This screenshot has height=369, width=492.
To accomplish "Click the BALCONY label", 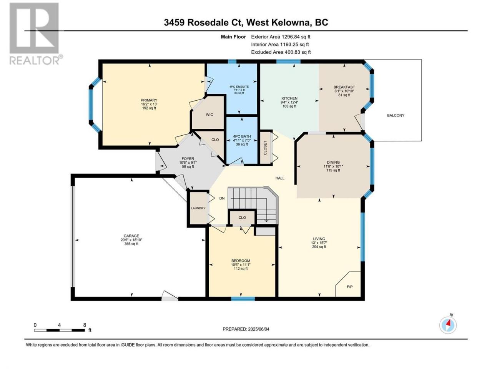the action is (x=396, y=115).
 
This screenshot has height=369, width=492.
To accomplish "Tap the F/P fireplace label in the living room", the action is (x=349, y=287).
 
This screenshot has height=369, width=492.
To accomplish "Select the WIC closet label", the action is (x=209, y=115).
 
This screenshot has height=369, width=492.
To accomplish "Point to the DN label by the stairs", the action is (x=222, y=198).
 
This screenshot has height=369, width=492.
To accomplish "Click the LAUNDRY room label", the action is (x=198, y=208).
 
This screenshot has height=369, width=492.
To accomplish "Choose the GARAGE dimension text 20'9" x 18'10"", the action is (x=131, y=240).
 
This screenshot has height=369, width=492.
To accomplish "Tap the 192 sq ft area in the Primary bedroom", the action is (x=149, y=108).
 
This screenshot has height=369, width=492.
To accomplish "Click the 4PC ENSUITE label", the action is (x=239, y=86).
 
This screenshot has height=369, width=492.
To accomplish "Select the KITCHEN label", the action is (x=289, y=98).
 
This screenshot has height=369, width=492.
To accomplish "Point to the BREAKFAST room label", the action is (x=344, y=87).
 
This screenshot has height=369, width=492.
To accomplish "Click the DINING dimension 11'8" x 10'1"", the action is (x=333, y=166).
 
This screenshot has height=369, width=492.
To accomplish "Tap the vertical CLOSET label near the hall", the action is (x=265, y=148).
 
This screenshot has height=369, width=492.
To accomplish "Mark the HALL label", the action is (x=280, y=178).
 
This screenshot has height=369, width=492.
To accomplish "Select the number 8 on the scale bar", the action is (x=85, y=325).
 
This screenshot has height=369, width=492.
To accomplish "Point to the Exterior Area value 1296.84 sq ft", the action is (x=296, y=37).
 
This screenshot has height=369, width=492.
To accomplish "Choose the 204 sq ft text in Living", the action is (x=319, y=247).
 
